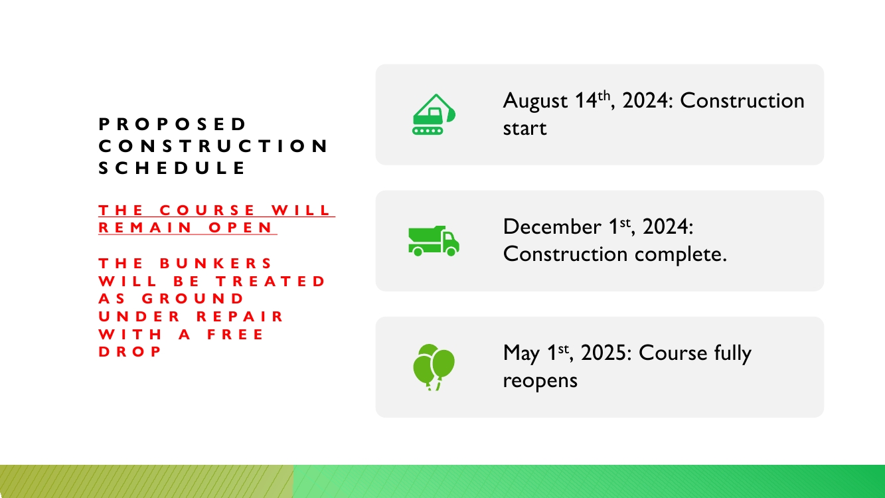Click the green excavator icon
pyautogui.click(x=434, y=114)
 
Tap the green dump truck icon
pyautogui.click(x=434, y=241)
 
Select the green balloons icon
pyautogui.click(x=434, y=367)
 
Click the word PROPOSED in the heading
pyautogui.click(x=172, y=124)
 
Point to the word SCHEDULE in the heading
pyautogui.click(x=172, y=168)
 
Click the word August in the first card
pyautogui.click(x=535, y=100)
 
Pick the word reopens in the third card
pyautogui.click(x=540, y=381)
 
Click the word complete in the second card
pyautogui.click(x=681, y=254)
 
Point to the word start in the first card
pyautogui.click(x=524, y=128)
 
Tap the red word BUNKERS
pyautogui.click(x=216, y=263)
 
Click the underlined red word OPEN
pyautogui.click(x=240, y=228)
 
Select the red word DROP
pyautogui.click(x=129, y=352)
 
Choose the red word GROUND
pyautogui.click(x=193, y=298)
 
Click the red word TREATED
pyautogui.click(x=270, y=281)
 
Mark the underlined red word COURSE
pyautogui.click(x=207, y=210)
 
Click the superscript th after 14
pyautogui.click(x=604, y=96)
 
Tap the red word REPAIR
pyautogui.click(x=240, y=316)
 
